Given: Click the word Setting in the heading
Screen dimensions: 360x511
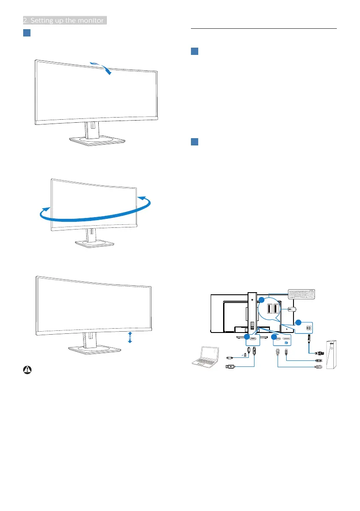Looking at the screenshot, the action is click(45, 20).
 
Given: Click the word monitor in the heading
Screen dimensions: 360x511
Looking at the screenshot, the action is click(90, 20).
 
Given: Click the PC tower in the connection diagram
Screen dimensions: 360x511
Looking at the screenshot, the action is click(330, 355).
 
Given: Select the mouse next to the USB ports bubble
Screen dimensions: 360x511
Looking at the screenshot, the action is click(291, 308).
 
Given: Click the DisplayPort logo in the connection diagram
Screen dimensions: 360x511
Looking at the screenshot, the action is click(286, 344).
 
